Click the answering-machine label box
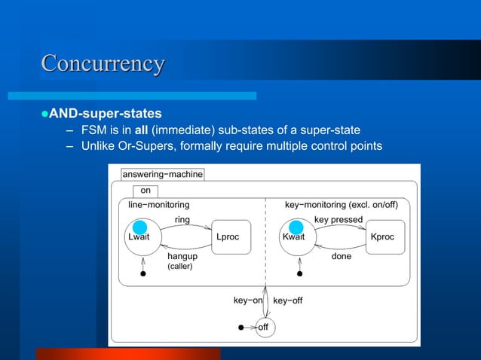tap(162, 174)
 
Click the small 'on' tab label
tap(146, 191)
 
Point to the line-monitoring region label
tap(158, 204)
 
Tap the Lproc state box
tap(227, 236)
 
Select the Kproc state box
tap(382, 236)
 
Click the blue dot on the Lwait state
tap(139, 227)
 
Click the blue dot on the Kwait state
tap(296, 227)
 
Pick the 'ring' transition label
tap(182, 220)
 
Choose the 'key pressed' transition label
tap(338, 220)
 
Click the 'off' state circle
tap(263, 328)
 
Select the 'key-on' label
tap(247, 301)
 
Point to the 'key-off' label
tap(287, 301)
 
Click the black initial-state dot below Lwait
tap(142, 274)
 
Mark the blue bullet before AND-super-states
tap(44, 114)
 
